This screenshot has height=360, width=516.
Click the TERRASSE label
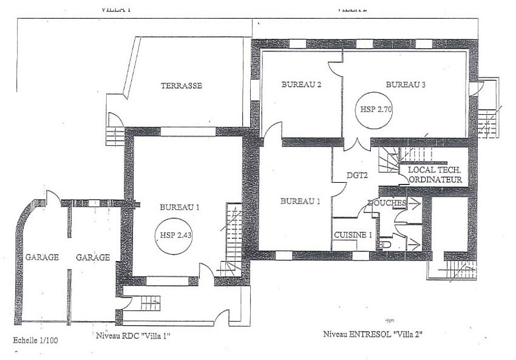tap(181, 86)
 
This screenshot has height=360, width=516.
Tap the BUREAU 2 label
tap(301, 85)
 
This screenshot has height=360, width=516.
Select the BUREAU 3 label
tap(406, 84)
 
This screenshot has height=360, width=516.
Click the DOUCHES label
tap(386, 203)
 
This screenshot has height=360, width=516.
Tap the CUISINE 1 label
tap(352, 234)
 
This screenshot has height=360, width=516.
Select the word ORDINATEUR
tap(436, 180)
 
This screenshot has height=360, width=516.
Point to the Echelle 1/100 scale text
tap(36, 341)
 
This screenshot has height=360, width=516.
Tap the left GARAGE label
tap(42, 257)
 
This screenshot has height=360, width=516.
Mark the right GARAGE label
tap(93, 257)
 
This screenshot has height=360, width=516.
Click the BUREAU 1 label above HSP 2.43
tap(180, 207)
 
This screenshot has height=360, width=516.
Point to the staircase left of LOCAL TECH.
tap(388, 161)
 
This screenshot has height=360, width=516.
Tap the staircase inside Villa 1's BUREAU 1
tap(232, 240)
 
